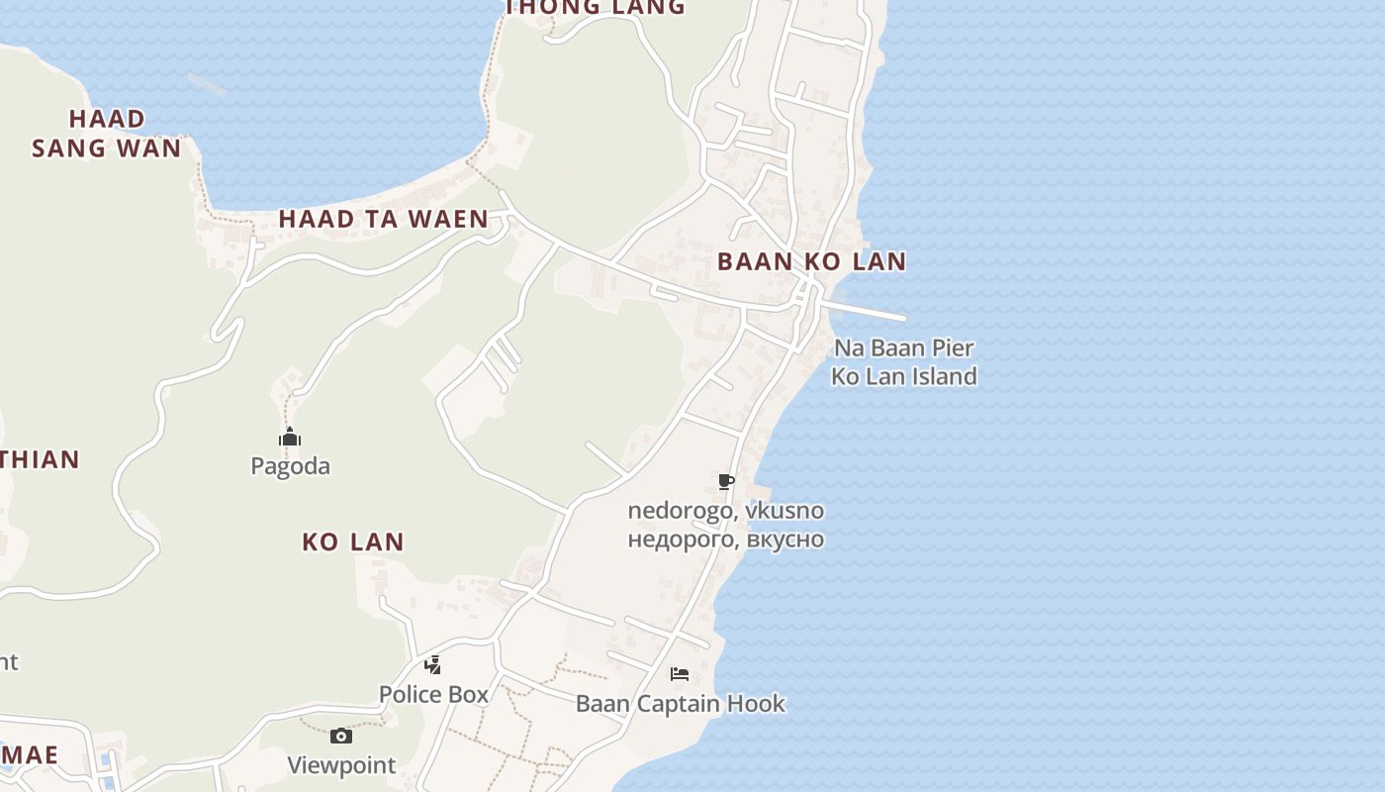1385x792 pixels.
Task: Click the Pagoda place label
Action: [290, 465]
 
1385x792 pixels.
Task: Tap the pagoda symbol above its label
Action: [289, 437]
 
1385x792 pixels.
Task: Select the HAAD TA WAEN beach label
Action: [383, 219]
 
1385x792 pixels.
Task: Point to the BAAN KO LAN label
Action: [811, 261]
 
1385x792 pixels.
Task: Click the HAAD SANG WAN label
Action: [107, 134]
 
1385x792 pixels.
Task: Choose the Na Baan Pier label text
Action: [904, 348]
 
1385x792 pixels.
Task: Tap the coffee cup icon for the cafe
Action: [726, 482]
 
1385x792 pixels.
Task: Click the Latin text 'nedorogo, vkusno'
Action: [725, 511]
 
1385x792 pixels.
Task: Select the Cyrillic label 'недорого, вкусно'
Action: [725, 540]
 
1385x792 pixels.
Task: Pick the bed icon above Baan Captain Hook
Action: [680, 674]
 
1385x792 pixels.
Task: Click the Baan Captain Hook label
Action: [680, 704]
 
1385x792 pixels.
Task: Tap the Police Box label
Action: [433, 694]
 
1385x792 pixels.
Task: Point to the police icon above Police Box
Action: [432, 664]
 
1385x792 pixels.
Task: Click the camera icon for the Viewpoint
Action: [341, 736]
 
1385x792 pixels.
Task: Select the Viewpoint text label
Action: [341, 765]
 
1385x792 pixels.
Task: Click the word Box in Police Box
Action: [469, 694]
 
